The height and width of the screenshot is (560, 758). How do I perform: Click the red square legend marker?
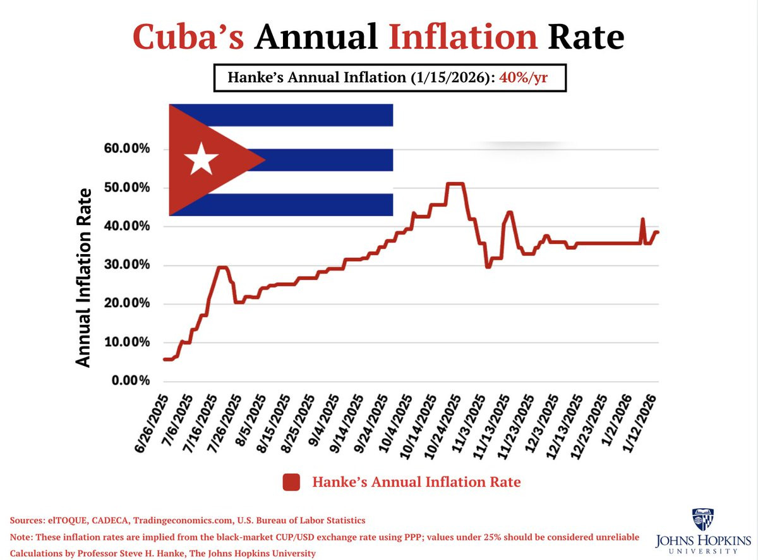(x=291, y=482)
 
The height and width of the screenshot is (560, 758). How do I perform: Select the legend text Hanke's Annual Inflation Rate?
(x=416, y=482)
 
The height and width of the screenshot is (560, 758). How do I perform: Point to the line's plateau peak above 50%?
(x=455, y=184)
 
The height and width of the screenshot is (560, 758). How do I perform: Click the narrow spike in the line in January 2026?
(x=642, y=220)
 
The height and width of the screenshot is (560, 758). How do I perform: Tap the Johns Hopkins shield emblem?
(x=704, y=520)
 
